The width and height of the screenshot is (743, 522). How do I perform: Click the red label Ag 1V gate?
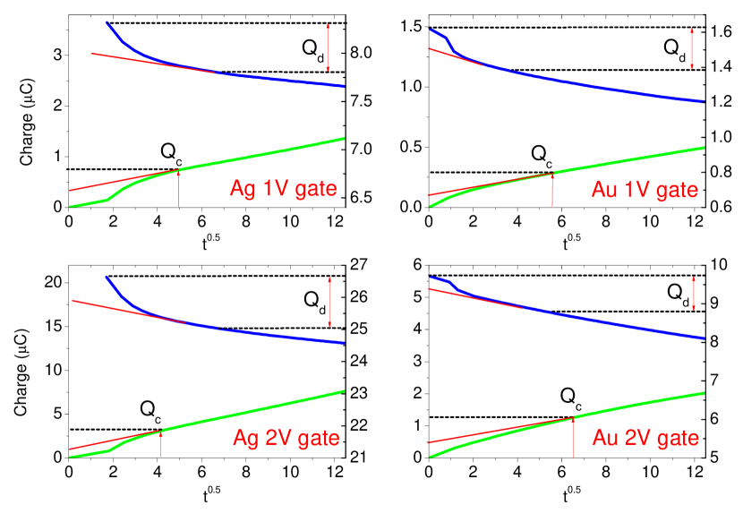tap(283, 189)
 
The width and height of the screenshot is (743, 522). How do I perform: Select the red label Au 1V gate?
tap(645, 191)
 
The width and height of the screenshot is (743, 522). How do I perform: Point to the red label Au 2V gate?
tap(645, 438)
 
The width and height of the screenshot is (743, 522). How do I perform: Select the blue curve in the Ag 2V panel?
tap(269, 333)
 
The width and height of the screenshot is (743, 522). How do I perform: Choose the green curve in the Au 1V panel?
tap(627, 160)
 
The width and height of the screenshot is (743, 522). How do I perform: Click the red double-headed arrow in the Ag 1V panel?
tap(329, 47)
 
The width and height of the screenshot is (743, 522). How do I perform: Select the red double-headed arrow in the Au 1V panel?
tap(692, 48)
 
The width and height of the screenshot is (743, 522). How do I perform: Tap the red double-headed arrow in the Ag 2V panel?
tap(329, 302)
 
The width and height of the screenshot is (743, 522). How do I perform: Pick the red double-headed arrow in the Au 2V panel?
tap(694, 294)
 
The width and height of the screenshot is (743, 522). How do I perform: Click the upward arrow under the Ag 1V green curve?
tap(178, 188)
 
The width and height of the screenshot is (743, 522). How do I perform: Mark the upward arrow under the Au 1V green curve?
tap(552, 189)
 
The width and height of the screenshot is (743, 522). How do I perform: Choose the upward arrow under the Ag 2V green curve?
tap(161, 443)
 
